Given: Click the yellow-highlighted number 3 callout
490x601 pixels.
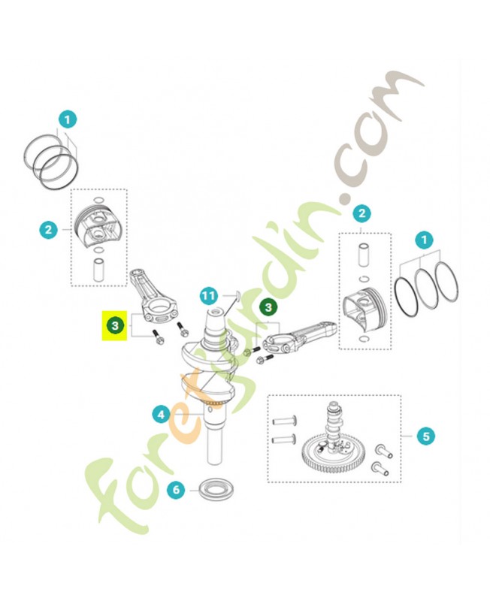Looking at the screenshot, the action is [115, 325].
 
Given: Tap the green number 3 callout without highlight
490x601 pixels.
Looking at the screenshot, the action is [268, 307].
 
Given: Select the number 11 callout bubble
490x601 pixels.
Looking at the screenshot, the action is [209, 296].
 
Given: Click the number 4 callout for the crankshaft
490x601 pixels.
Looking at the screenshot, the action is [162, 415].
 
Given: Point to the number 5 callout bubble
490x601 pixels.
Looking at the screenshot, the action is [426, 436].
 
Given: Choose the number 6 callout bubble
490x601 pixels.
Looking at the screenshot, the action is [176, 490].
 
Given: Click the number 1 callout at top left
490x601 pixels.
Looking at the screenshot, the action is [68, 119].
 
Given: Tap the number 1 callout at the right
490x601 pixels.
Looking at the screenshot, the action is [424, 240].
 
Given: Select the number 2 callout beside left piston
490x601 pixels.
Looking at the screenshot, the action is [48, 230].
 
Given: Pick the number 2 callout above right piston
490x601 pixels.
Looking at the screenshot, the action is [362, 213].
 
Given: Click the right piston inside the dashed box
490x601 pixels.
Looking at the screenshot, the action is [362, 308].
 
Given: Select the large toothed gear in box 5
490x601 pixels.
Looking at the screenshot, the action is [333, 455].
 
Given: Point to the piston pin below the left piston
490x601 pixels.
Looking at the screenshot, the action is [98, 270].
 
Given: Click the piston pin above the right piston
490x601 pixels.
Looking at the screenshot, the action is [364, 255].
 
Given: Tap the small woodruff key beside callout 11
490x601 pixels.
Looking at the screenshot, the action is [237, 295].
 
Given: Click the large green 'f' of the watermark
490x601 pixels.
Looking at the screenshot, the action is [111, 494].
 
